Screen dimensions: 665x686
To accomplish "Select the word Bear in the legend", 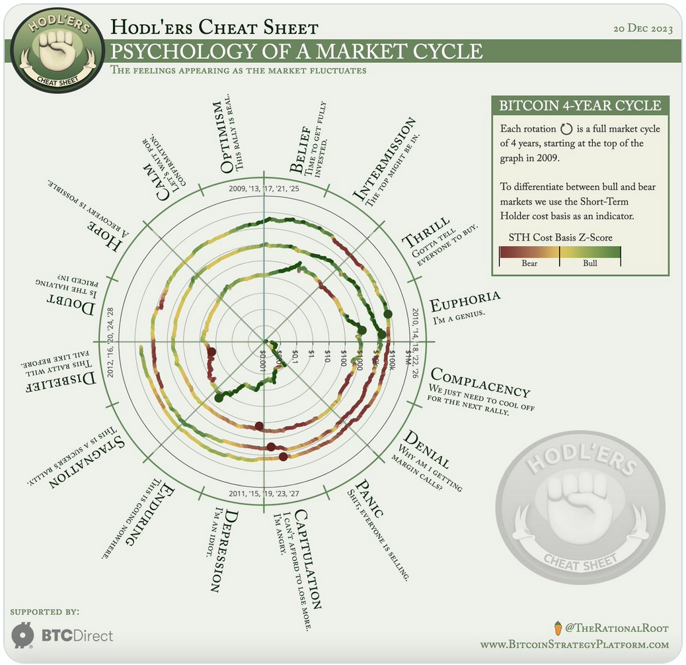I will pyautogui.click(x=529, y=263).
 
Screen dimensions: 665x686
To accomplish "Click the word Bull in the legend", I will pyautogui.click(x=590, y=263).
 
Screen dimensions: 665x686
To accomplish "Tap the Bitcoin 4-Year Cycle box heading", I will pyautogui.click(x=580, y=106).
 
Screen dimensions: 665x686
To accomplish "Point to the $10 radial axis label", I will pyautogui.click(x=327, y=358).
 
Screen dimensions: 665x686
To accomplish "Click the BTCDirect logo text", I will pyautogui.click(x=77, y=636).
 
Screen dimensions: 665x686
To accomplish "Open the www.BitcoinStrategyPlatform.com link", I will pyautogui.click(x=574, y=644).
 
